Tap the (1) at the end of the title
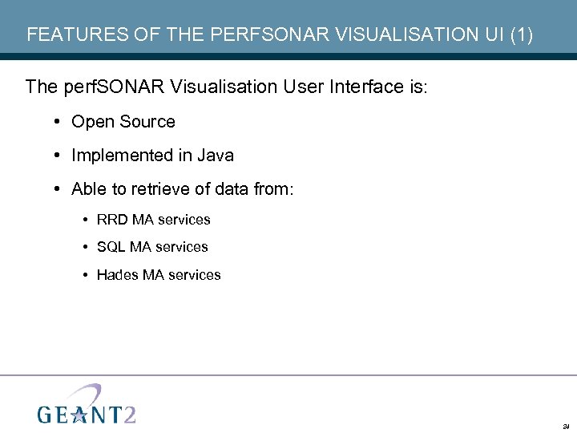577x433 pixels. (519, 34)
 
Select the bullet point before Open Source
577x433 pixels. (59, 122)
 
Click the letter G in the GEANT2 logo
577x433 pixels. (46, 414)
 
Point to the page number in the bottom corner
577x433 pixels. (566, 426)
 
